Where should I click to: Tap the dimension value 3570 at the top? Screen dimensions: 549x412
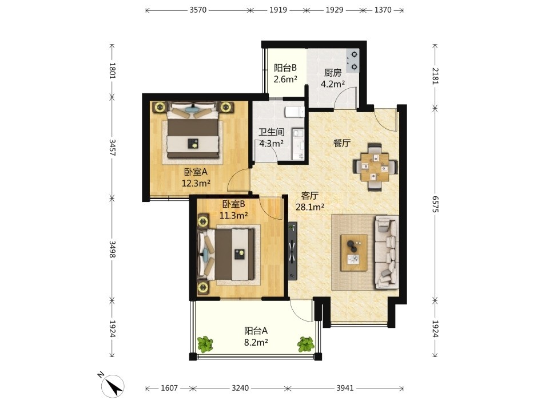coord(198,10)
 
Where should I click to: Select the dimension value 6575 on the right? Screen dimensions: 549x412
coord(435,204)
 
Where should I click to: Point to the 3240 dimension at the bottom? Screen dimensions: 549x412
coord(240,388)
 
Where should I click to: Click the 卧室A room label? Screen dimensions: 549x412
coord(196,172)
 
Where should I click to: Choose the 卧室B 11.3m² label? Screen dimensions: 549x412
coord(234,209)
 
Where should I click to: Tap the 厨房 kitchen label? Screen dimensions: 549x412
coord(333,73)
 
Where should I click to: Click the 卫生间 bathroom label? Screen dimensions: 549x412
coord(271,132)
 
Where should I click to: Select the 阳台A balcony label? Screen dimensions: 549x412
coord(256,331)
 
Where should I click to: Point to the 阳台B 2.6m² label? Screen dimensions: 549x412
coord(285,73)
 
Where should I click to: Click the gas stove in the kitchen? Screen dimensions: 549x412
coord(353,60)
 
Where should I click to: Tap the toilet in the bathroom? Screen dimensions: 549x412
coord(294,112)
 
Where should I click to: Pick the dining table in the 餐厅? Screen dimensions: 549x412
coord(375,167)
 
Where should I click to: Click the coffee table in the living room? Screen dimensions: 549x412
coord(354,252)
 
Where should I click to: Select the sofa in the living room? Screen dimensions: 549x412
coord(387,252)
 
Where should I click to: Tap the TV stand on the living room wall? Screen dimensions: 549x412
coord(293,251)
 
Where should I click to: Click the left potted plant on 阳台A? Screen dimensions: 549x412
coord(205,344)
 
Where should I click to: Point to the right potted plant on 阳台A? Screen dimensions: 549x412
coord(306,344)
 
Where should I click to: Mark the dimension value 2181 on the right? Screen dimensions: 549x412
coord(435,76)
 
